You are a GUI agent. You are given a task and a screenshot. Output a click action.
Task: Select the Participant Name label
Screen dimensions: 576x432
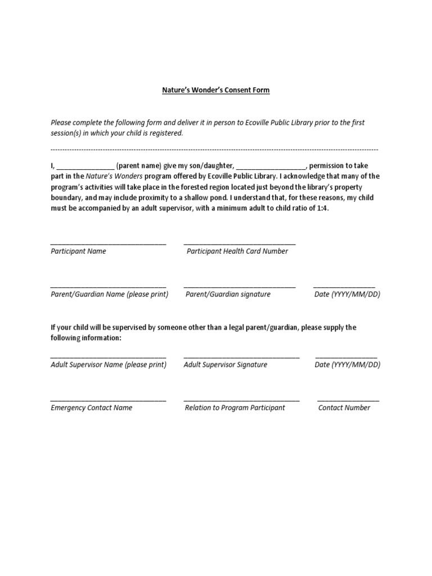coord(78,251)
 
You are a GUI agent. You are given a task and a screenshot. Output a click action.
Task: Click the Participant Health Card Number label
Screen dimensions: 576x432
coord(237,251)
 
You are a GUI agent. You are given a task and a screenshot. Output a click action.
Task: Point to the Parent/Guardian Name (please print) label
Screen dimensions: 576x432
coord(109,294)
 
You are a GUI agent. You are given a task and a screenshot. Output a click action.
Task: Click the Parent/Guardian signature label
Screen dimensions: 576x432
coord(228,294)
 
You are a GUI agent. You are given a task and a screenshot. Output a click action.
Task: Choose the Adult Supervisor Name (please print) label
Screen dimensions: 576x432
coord(109,364)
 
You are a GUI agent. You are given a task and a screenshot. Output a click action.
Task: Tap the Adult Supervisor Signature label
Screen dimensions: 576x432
coord(226,364)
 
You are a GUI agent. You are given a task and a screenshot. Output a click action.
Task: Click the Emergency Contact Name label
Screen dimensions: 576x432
coord(92,408)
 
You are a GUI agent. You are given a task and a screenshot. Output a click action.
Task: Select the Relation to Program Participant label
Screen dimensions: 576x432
coord(235,408)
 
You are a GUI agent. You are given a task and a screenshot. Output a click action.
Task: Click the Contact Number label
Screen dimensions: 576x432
coord(344,408)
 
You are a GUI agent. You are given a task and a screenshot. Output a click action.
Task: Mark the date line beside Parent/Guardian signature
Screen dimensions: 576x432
coord(344,287)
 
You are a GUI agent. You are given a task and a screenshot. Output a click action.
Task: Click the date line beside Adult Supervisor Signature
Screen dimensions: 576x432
coord(346,357)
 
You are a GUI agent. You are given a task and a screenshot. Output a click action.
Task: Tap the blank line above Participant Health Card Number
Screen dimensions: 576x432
coord(240,244)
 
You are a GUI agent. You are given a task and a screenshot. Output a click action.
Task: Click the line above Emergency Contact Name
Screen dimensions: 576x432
coord(108,400)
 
